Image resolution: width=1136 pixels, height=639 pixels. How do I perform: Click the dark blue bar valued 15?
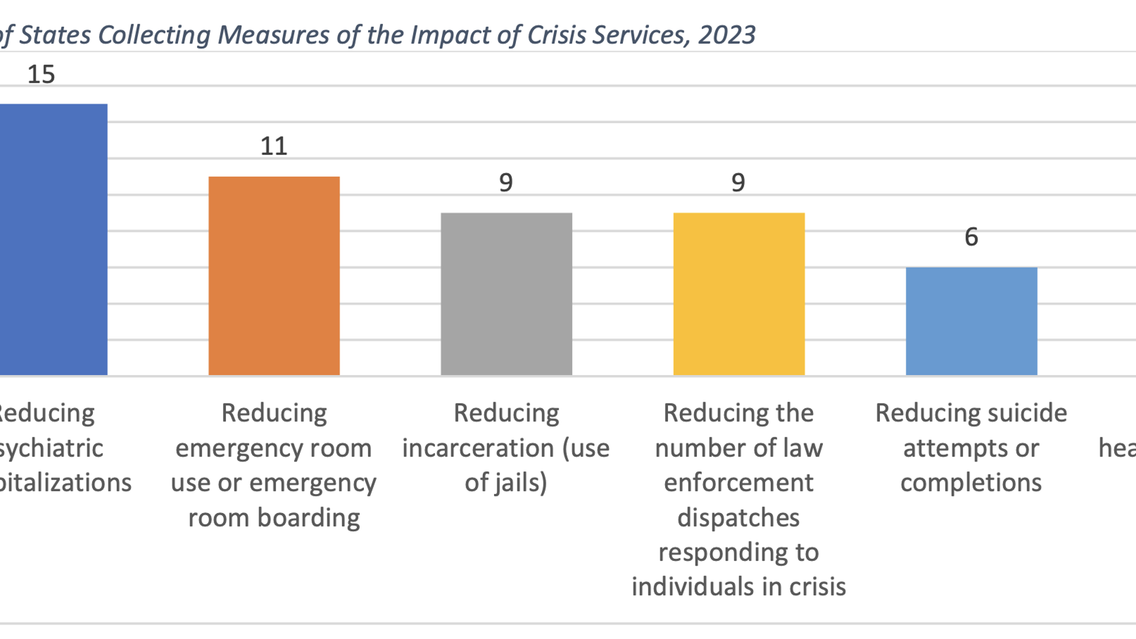tap(53, 240)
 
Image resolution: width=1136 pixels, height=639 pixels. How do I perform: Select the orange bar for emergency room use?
tap(274, 276)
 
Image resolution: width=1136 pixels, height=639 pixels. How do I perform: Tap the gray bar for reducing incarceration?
tap(506, 294)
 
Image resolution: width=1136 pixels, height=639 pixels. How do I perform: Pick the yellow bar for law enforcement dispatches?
tap(739, 294)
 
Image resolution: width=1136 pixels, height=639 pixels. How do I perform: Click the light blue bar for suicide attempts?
tap(972, 321)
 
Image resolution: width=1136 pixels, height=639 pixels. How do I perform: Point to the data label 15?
tap(41, 75)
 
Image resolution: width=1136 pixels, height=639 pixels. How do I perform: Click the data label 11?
tap(274, 146)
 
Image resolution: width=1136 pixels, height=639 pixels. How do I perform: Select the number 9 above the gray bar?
tap(506, 182)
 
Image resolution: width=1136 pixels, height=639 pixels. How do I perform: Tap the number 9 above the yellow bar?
tap(738, 182)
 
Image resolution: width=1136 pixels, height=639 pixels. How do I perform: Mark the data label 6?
tap(971, 237)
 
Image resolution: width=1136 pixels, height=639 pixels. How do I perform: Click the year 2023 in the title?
tap(727, 35)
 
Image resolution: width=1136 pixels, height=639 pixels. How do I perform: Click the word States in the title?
tap(55, 35)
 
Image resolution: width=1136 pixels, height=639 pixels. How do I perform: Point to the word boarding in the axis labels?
tap(308, 518)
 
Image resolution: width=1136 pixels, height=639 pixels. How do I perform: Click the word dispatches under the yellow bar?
tap(738, 518)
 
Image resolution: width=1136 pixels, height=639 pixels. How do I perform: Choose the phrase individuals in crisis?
tap(738, 587)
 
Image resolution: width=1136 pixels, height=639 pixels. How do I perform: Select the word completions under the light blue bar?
tap(971, 482)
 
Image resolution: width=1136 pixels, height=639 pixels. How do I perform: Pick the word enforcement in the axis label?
tap(738, 482)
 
